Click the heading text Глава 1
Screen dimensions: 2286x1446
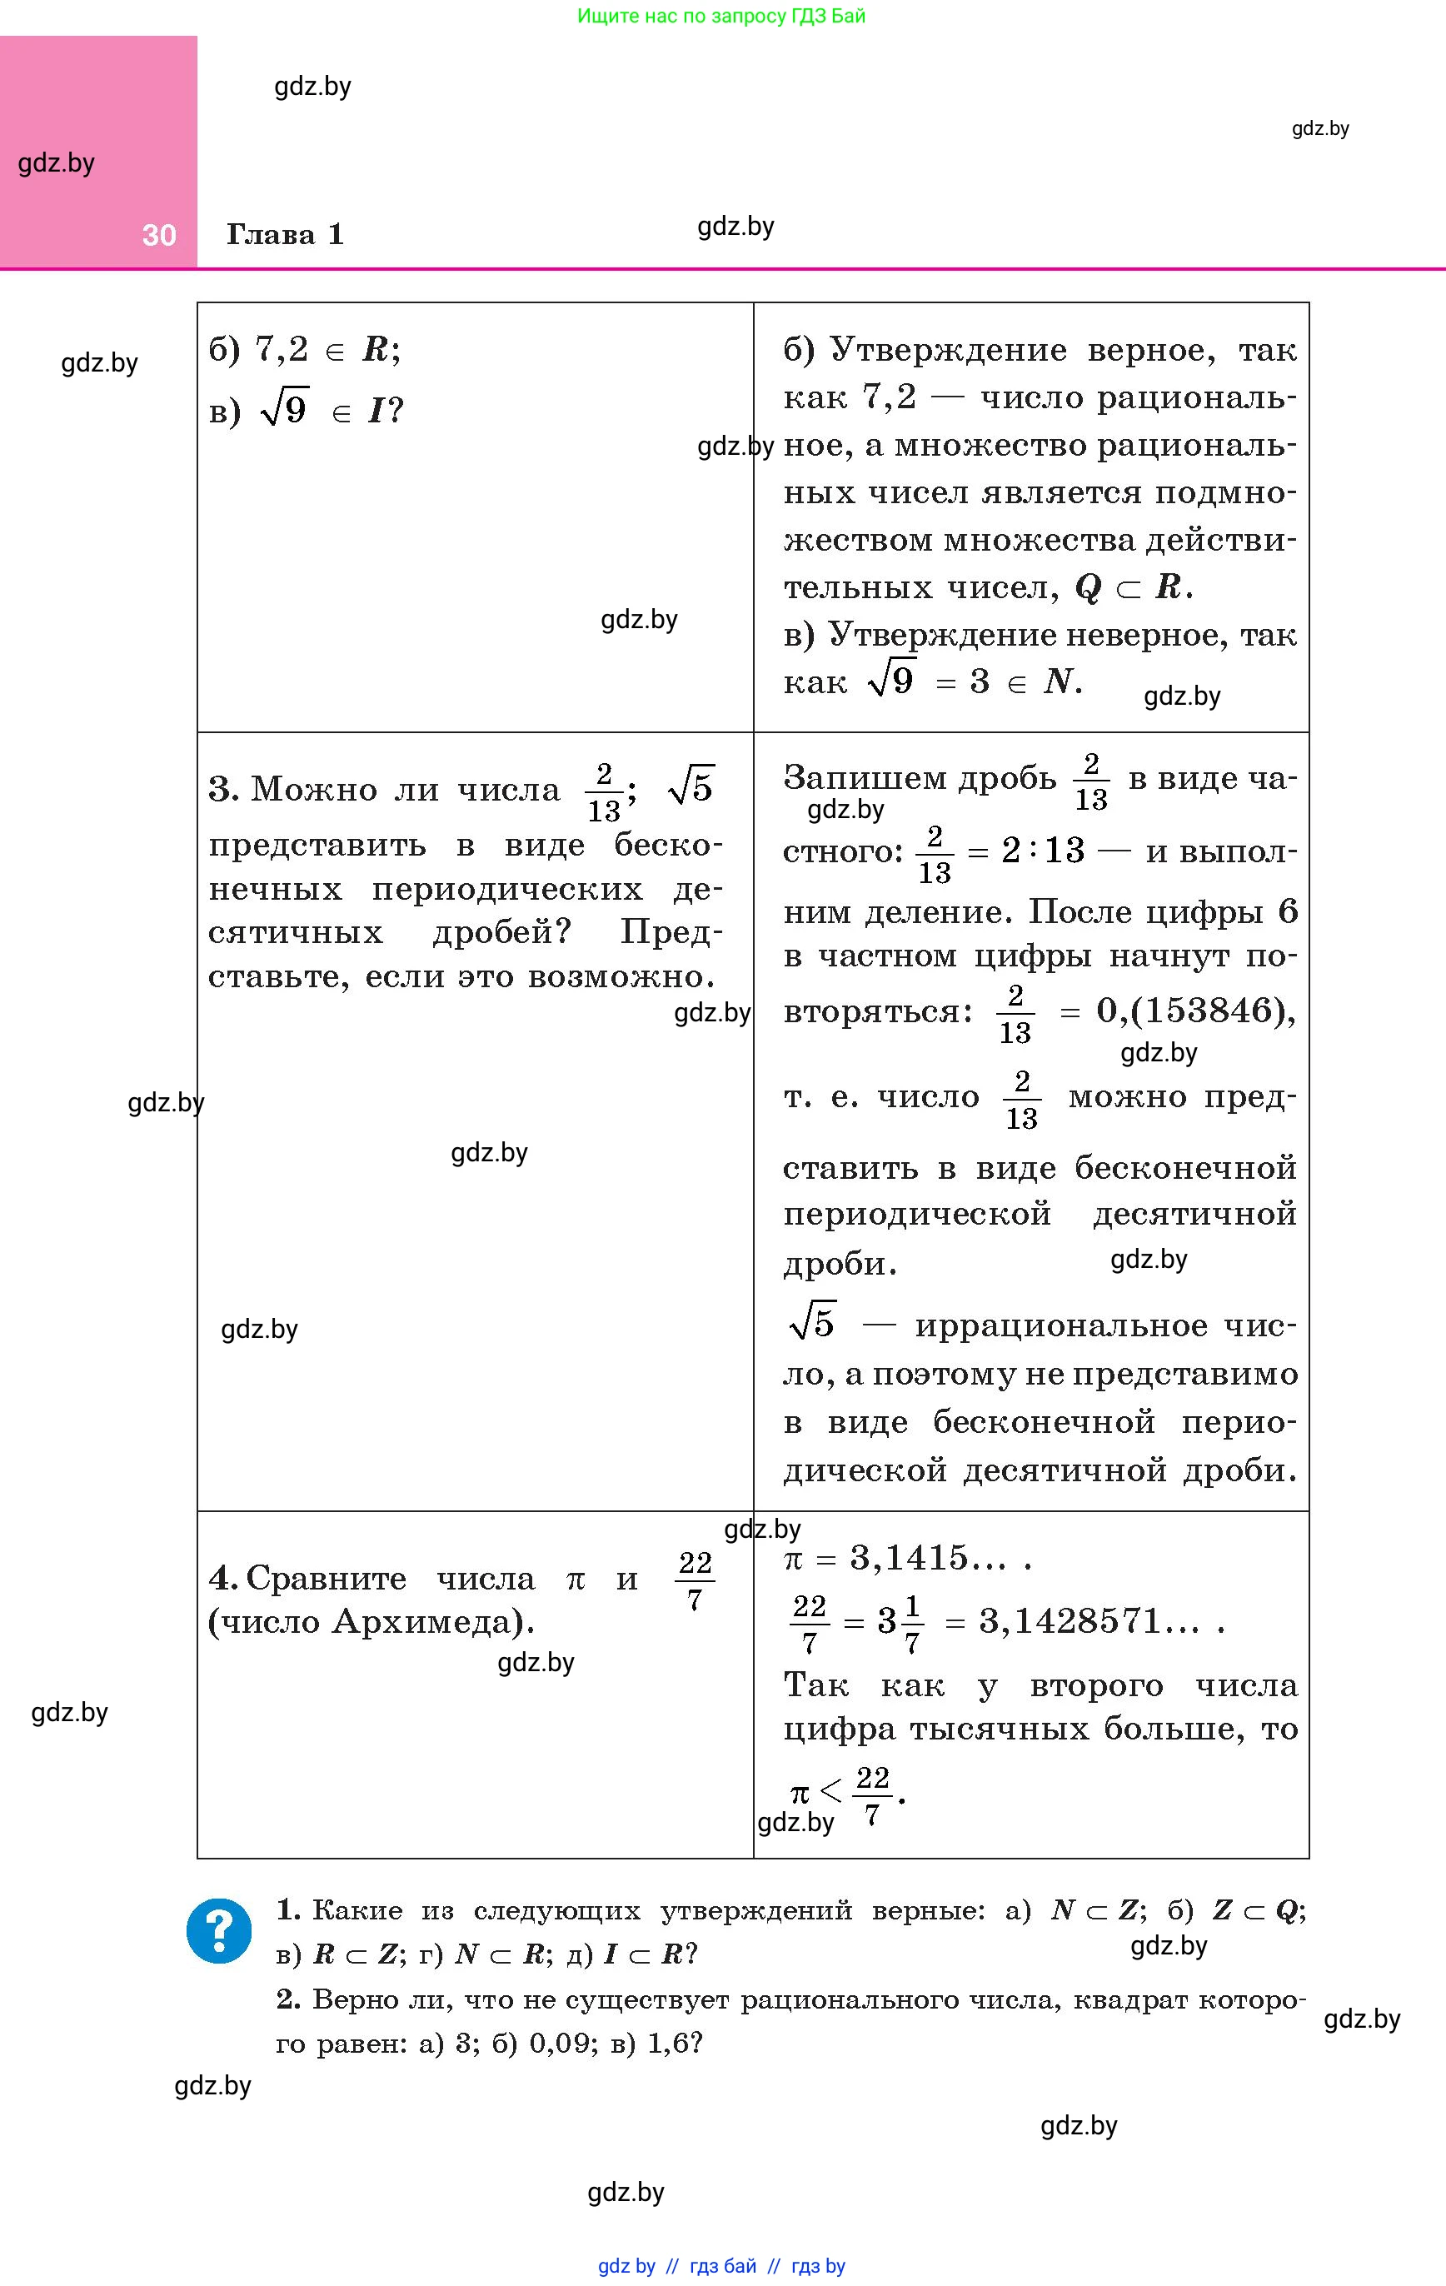(285, 234)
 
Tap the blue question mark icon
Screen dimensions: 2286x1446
(219, 1930)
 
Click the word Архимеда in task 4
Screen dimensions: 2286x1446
(427, 1621)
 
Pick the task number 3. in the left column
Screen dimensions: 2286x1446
(224, 789)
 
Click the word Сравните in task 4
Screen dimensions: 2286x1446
(326, 1578)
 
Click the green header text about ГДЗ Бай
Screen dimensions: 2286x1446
(721, 16)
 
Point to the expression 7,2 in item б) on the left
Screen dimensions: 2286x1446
(282, 350)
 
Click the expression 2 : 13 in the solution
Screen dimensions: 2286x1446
(1043, 851)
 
